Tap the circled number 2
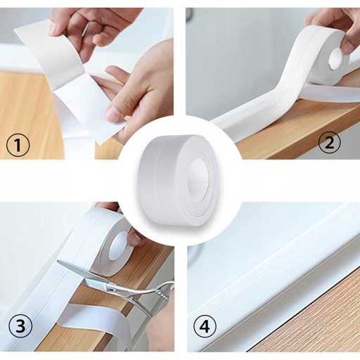(x=330, y=143)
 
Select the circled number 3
(x=20, y=326)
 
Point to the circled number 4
(x=205, y=326)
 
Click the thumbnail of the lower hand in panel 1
(x=111, y=113)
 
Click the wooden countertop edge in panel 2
(x=300, y=124)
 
